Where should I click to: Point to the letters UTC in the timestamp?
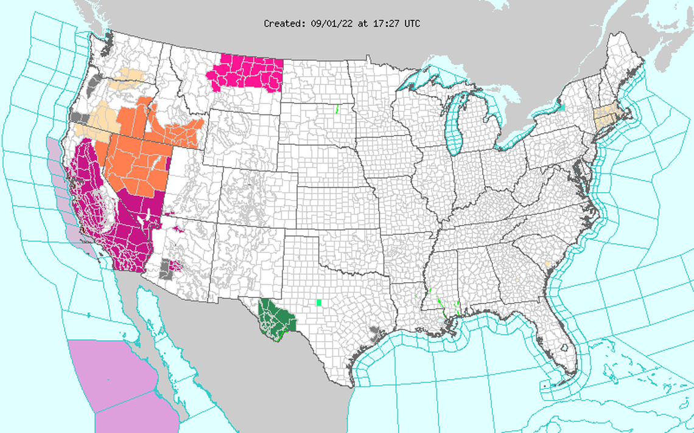[x=412, y=24]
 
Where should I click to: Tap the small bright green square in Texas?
[x=318, y=302]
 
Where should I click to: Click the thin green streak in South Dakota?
[x=337, y=110]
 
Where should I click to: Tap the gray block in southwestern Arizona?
[x=164, y=271]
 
